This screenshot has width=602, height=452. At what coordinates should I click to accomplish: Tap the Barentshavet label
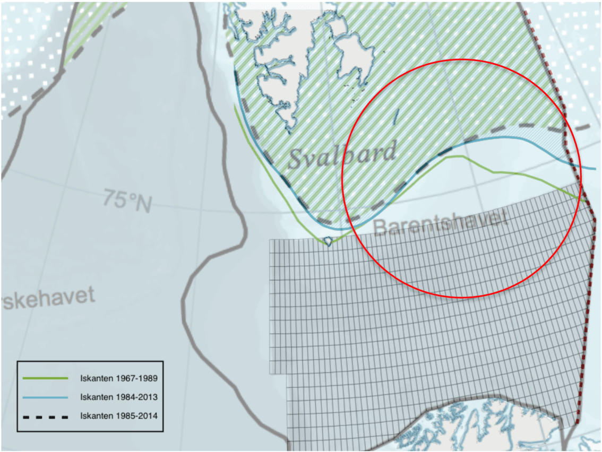click(440, 224)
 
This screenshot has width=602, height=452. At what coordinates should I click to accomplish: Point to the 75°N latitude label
click(127, 202)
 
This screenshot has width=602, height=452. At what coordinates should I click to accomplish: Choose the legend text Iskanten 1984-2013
click(119, 397)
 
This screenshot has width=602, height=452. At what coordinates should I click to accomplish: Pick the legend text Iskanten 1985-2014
click(119, 416)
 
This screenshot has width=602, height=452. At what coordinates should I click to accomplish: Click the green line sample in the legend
click(45, 378)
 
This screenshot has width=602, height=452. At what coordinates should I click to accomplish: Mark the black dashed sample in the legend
click(45, 416)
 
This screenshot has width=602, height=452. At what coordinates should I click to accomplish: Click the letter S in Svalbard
click(297, 158)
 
